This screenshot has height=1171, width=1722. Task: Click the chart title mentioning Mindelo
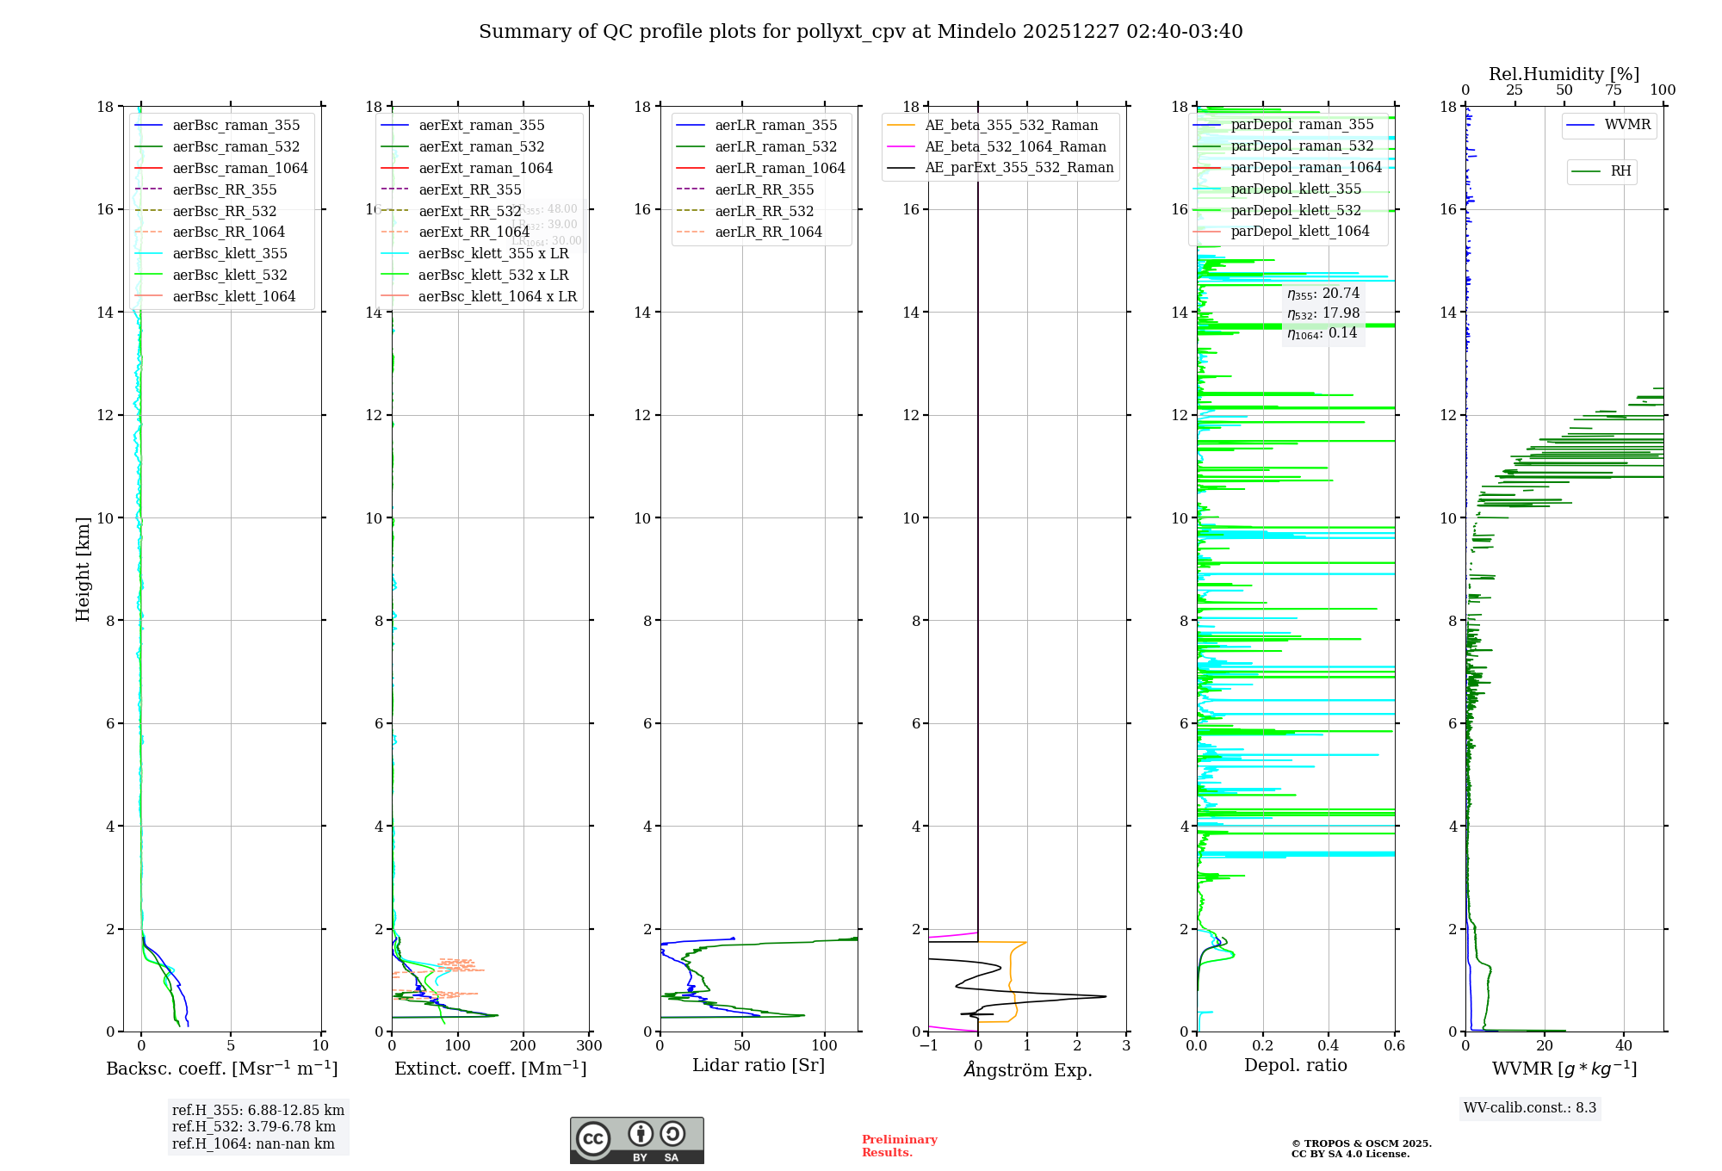pos(860,32)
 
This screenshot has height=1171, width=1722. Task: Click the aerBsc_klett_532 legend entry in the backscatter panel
pos(229,275)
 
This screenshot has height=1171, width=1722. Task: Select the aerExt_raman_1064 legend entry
pos(485,168)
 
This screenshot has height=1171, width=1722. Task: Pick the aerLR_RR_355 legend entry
pos(764,189)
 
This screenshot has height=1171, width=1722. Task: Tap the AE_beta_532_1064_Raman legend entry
pos(1015,146)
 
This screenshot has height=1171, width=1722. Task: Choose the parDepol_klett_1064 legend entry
pos(1299,231)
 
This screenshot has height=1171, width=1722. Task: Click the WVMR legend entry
pos(1626,125)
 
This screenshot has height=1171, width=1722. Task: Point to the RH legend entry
pos(1620,171)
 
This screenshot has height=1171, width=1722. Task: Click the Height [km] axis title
pos(83,568)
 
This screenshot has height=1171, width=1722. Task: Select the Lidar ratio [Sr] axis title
pos(758,1065)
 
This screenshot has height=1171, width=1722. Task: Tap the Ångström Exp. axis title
pos(1027,1069)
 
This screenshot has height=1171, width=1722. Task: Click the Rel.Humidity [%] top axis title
pos(1564,74)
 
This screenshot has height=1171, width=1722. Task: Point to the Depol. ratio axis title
pos(1295,1065)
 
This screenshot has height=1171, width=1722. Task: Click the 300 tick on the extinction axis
pos(589,1046)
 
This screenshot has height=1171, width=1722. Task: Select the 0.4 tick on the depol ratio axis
pos(1328,1046)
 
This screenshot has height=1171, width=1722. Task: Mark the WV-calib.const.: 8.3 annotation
pos(1529,1108)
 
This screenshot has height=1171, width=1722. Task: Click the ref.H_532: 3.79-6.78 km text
pos(253,1126)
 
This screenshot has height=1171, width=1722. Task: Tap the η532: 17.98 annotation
pos(1323,313)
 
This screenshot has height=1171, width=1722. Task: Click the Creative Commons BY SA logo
pos(636,1140)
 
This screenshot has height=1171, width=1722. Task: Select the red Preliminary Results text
pos(899,1145)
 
